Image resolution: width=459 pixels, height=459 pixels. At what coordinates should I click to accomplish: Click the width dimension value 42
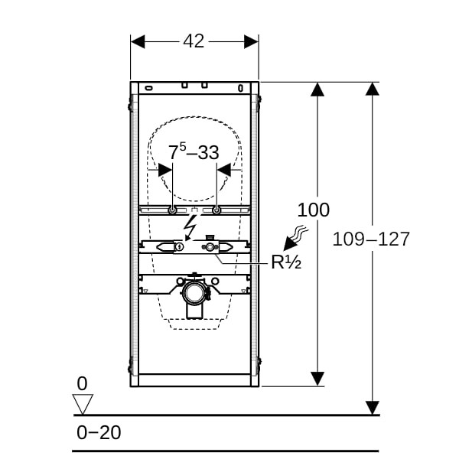pyautogui.click(x=194, y=41)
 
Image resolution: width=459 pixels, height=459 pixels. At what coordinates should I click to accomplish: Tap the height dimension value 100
pyautogui.click(x=314, y=209)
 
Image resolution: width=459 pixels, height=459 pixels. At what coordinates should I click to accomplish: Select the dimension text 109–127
pyautogui.click(x=371, y=239)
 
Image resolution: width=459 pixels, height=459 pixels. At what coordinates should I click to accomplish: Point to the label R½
pyautogui.click(x=286, y=262)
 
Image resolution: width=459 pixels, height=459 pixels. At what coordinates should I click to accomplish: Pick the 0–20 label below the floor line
pyautogui.click(x=99, y=432)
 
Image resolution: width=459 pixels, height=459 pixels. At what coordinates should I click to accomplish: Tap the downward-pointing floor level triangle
pyautogui.click(x=82, y=403)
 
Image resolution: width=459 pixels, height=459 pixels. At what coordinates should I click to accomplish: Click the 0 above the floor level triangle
pyautogui.click(x=82, y=382)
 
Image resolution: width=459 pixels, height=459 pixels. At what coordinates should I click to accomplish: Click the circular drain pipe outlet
pyautogui.click(x=194, y=294)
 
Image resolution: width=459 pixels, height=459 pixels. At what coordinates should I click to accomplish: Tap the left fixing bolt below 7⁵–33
pyautogui.click(x=173, y=210)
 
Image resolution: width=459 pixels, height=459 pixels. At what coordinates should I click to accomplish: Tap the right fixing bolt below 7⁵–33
pyautogui.click(x=217, y=210)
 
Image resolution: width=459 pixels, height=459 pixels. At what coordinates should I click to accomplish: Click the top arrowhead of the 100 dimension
pyautogui.click(x=317, y=89)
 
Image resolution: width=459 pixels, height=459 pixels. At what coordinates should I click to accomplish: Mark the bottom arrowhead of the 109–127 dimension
pyautogui.click(x=373, y=407)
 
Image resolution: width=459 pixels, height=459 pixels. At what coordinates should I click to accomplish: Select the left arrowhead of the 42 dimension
pyautogui.click(x=138, y=41)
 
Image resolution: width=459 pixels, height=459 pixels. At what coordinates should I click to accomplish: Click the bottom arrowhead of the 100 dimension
pyautogui.click(x=317, y=379)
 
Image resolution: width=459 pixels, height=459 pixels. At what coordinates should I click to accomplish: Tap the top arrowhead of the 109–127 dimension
pyautogui.click(x=373, y=89)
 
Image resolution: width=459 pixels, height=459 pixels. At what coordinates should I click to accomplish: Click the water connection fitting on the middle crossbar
pyautogui.click(x=208, y=246)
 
